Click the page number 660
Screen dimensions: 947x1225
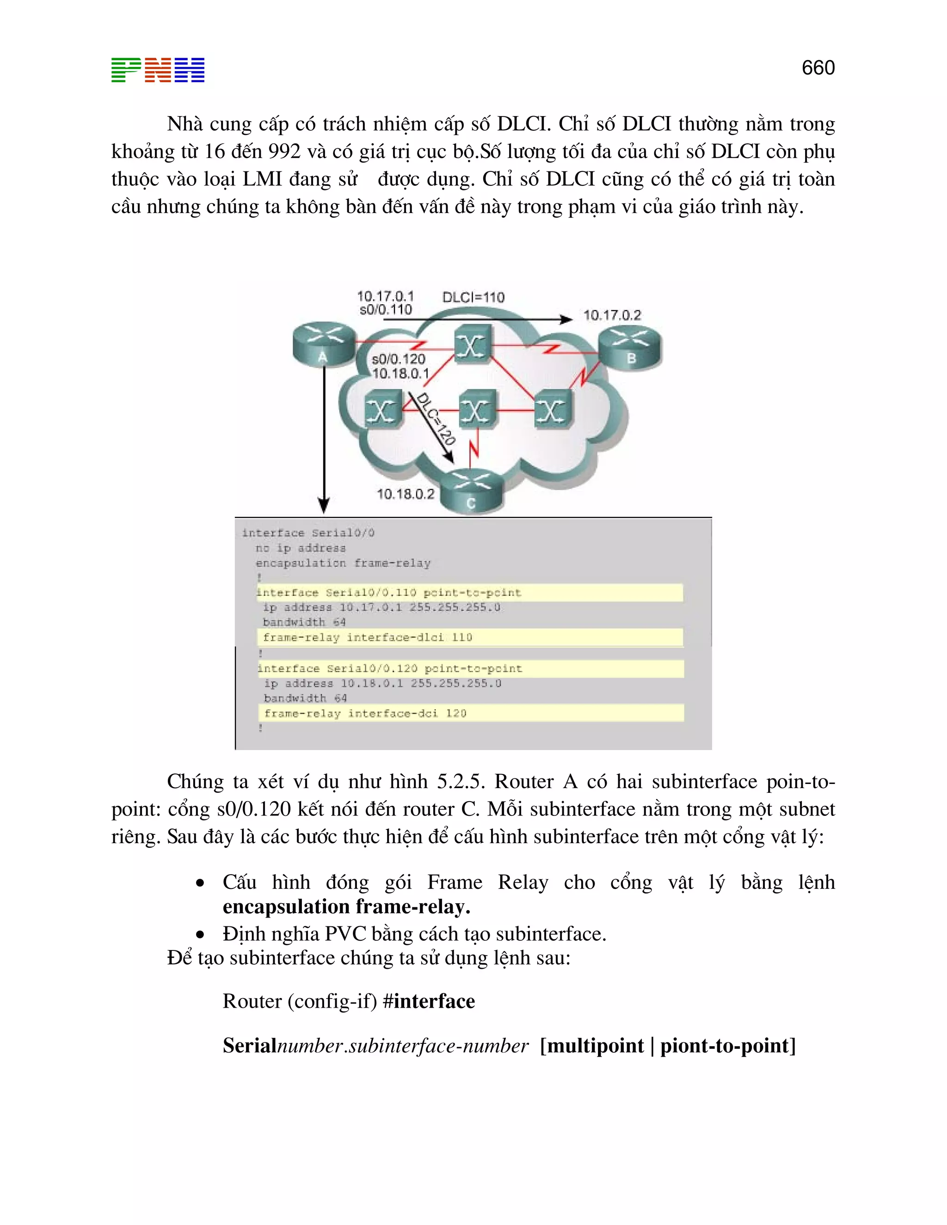[x=818, y=68]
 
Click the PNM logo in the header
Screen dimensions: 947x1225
[x=158, y=70]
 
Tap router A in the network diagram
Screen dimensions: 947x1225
[x=324, y=344]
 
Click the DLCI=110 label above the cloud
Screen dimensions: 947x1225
[x=473, y=297]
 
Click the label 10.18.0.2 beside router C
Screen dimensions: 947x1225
[x=405, y=494]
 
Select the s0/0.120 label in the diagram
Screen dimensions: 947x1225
[x=398, y=359]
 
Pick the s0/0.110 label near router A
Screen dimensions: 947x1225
[x=386, y=310]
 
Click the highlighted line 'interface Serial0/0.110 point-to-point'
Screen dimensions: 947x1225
[x=389, y=592]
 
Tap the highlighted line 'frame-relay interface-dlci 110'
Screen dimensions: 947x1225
[x=368, y=637]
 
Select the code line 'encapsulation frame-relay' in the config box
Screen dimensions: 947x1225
[x=343, y=563]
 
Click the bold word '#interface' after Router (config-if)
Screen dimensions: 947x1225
[x=429, y=1001]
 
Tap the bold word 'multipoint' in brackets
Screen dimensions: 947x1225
[x=595, y=1046]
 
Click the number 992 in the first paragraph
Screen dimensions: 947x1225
[x=284, y=152]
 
